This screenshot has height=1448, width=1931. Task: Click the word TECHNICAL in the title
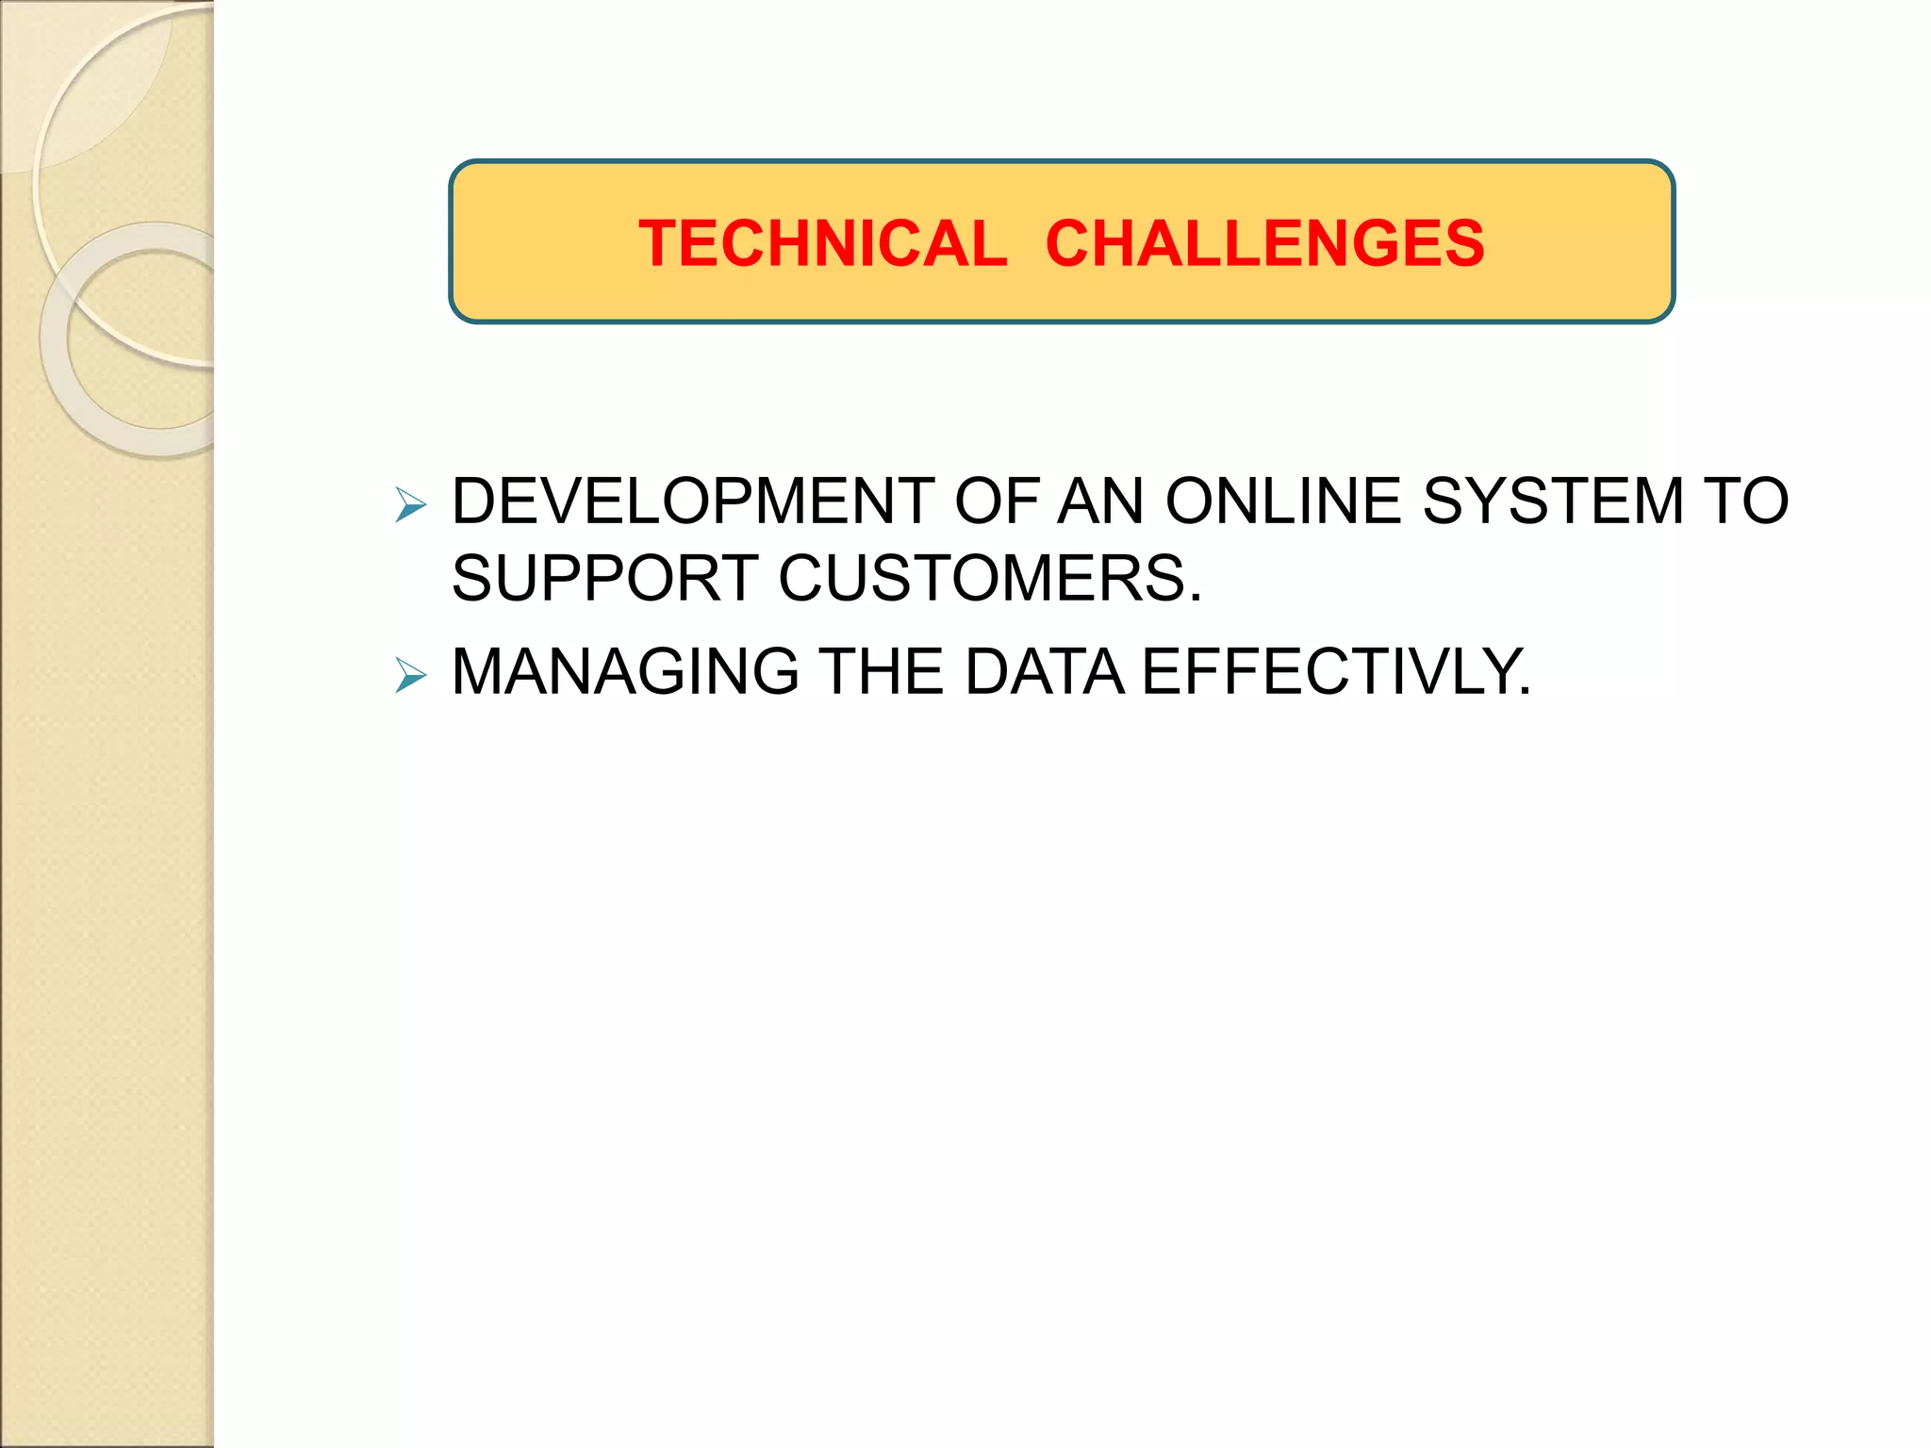822,243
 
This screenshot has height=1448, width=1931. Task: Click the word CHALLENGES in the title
1264,243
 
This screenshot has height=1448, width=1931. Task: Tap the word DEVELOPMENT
693,501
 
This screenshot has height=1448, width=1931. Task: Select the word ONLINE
1283,501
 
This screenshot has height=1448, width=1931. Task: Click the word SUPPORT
604,578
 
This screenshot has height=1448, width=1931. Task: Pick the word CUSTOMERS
981,578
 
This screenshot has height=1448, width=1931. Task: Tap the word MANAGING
625,672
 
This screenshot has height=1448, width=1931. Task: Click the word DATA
1044,672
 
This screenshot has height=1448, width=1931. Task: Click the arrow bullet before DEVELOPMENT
410,505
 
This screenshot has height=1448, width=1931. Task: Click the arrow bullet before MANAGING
410,676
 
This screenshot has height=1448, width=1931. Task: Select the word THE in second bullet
882,672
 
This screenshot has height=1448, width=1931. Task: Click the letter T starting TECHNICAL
658,243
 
